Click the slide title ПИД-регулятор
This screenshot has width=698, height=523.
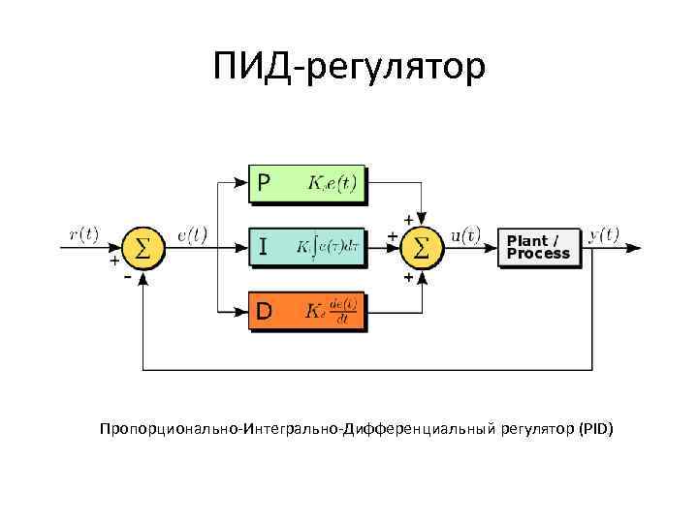(349, 69)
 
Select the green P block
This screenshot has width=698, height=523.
(306, 182)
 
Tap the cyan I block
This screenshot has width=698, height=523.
(306, 247)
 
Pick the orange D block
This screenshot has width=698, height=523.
(306, 311)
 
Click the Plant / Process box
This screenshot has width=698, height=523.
(538, 247)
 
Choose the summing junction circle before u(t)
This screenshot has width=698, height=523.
(422, 247)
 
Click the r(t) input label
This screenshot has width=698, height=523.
(84, 233)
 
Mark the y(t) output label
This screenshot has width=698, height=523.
(604, 233)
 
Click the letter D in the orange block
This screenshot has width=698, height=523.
(263, 311)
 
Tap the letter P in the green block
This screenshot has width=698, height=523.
(263, 182)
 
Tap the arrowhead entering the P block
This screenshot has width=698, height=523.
(243, 182)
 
